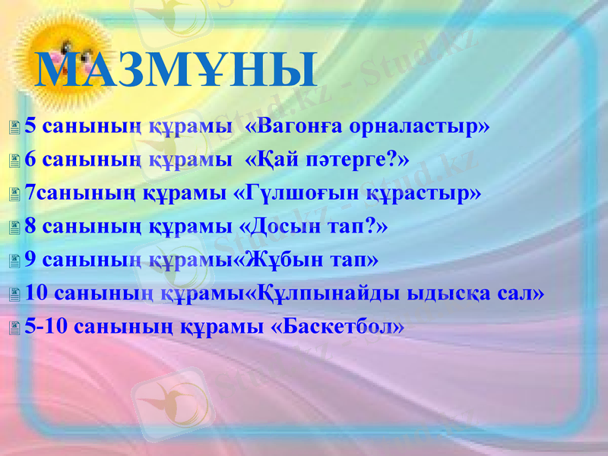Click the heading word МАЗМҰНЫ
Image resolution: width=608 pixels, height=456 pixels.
[176, 69]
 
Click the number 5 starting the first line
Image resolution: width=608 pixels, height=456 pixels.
[30, 125]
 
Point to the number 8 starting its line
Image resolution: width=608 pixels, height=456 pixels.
[30, 226]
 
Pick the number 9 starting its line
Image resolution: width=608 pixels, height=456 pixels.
[30, 259]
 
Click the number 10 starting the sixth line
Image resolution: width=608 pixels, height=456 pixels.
[36, 293]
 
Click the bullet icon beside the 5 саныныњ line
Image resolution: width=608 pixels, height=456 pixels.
[15, 127]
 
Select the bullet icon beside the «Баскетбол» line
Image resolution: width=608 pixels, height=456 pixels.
[15, 328]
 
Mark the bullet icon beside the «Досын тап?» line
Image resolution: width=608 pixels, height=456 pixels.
[15, 227]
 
